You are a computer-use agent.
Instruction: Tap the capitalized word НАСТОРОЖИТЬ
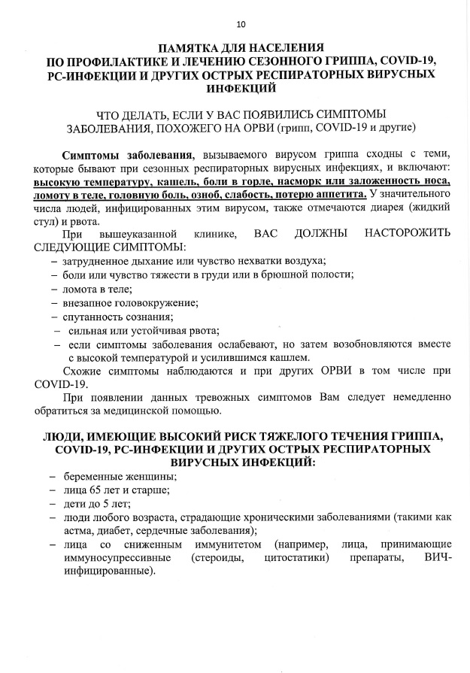click(408, 235)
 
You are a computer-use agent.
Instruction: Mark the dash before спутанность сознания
click(53, 317)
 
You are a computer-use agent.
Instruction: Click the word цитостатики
click(297, 558)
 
